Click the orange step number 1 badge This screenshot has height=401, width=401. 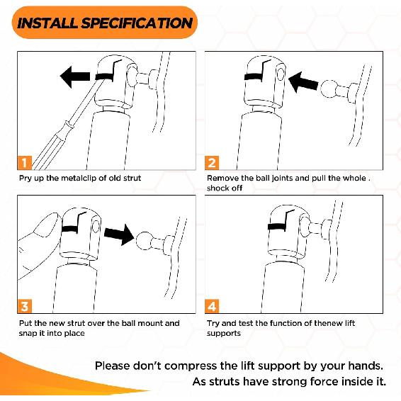(25, 163)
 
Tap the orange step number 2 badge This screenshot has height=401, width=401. (212, 163)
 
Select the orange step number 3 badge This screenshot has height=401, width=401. (25, 306)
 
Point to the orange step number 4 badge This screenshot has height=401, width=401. (212, 306)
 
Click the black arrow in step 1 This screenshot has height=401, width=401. (75, 77)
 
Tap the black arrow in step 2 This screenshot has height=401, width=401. (303, 82)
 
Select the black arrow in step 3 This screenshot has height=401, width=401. (119, 235)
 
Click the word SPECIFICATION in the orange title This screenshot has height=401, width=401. (137, 23)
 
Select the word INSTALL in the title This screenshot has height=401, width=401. (47, 23)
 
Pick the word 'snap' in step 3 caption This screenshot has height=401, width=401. (28, 334)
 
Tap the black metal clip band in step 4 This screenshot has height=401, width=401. (277, 227)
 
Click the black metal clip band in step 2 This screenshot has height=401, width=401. (254, 77)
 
